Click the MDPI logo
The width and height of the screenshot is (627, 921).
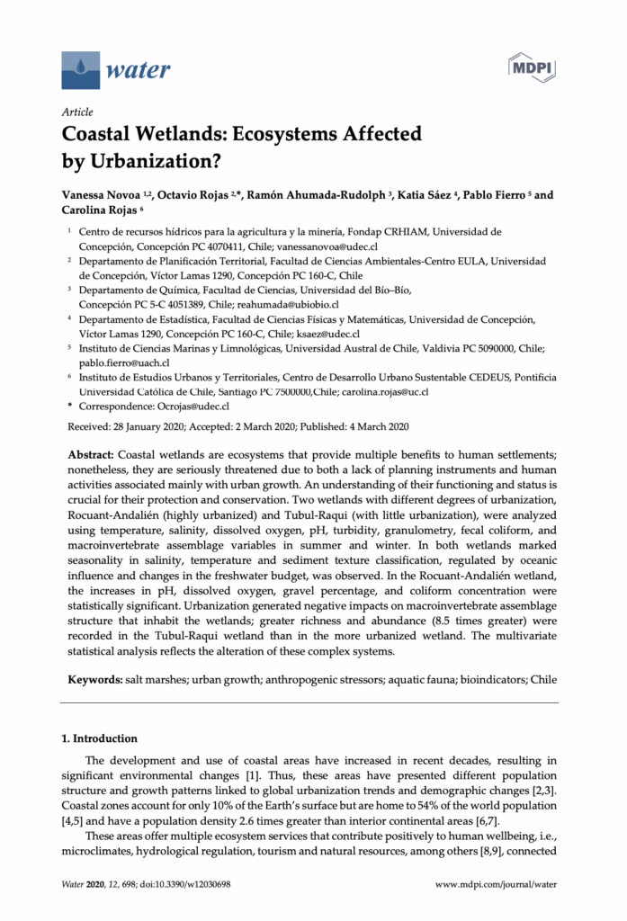533,68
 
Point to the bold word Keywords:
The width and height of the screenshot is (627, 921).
98,675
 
